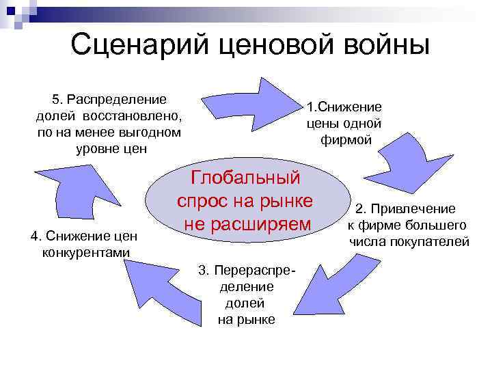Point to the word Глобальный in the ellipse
pyautogui.click(x=245, y=178)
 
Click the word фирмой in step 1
pyautogui.click(x=346, y=140)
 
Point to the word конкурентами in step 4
pyautogui.click(x=84, y=253)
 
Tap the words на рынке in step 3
pyautogui.click(x=247, y=319)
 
